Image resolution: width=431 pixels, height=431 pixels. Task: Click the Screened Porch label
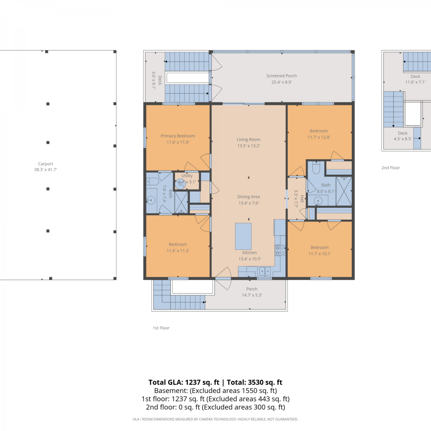282,76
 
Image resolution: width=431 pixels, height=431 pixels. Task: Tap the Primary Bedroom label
178,136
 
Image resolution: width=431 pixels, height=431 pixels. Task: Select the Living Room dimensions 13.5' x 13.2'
249,146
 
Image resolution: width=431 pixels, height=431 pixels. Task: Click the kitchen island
243,236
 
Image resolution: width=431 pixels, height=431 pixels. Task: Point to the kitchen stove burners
280,250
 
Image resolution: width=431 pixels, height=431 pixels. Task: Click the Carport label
45,164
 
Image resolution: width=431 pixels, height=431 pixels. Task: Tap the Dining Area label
249,197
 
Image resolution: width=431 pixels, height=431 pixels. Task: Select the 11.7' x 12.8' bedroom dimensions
319,137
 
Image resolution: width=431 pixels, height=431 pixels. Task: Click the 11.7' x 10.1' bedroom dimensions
320,254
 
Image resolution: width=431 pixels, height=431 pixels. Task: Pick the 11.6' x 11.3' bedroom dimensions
178,251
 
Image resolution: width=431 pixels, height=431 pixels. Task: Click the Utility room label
187,176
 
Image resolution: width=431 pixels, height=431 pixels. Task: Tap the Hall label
302,199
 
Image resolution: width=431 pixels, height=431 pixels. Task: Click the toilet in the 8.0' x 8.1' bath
316,168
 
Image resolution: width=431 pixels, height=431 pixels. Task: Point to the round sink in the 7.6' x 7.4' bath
151,200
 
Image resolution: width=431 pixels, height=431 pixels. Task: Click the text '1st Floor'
161,328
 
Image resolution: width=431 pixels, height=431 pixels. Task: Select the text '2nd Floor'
391,168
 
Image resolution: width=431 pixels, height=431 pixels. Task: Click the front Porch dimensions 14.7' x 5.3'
252,295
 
